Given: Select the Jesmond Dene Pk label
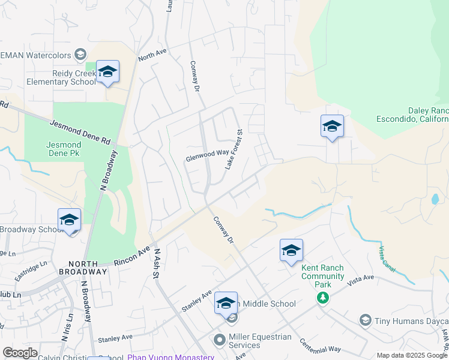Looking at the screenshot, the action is pyautogui.click(x=64, y=149).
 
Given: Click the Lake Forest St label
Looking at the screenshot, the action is pyautogui.click(x=234, y=149).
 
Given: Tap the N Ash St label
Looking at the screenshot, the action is pyautogui.click(x=155, y=264).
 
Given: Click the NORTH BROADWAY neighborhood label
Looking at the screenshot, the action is pyautogui.click(x=87, y=268).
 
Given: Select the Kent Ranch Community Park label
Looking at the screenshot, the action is pyautogui.click(x=323, y=272).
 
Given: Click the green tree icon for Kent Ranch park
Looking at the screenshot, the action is pyautogui.click(x=323, y=297).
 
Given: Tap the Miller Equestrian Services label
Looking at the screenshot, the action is pyautogui.click(x=261, y=341).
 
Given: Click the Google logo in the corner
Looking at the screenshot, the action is pyautogui.click(x=20, y=353).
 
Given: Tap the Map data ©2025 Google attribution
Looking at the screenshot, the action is pyautogui.click(x=412, y=355).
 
